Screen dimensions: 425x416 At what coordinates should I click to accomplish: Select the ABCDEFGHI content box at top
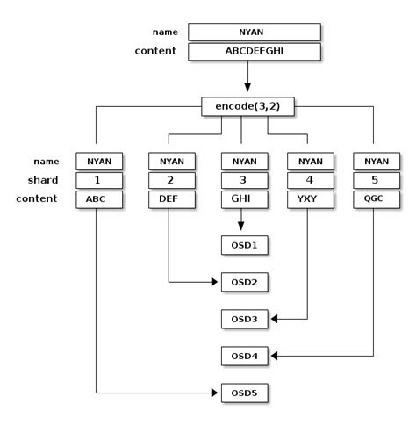point(255,51)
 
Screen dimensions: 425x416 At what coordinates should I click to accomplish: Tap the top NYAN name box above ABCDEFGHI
point(255,32)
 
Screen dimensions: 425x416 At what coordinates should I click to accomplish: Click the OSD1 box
point(244,244)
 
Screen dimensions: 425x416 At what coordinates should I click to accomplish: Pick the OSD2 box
point(244,282)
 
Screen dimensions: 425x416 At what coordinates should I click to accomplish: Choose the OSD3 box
point(244,319)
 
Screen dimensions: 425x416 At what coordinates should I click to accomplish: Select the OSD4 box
point(244,356)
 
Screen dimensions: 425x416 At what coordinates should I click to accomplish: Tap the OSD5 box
point(244,393)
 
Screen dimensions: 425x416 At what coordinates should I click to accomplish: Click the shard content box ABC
point(98,198)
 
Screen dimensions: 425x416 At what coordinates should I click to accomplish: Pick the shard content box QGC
point(376,198)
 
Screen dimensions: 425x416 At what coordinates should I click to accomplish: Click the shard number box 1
point(98,180)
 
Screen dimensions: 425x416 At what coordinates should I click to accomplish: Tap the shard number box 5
point(376,180)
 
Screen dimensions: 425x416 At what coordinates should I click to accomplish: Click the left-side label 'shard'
point(43,180)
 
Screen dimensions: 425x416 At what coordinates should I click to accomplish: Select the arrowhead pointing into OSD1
point(240,228)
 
